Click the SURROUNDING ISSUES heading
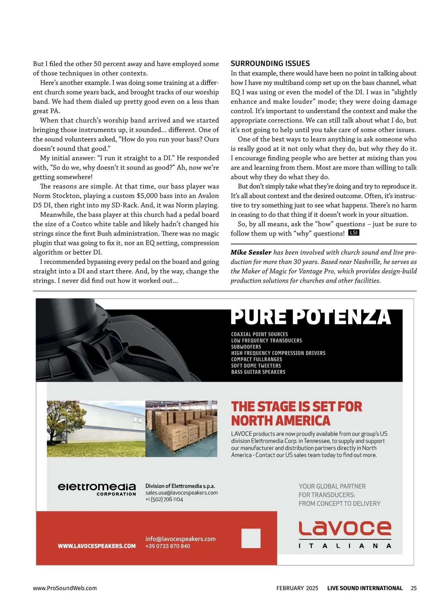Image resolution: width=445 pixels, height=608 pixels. click(270, 63)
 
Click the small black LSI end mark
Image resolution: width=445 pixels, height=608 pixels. click(354, 233)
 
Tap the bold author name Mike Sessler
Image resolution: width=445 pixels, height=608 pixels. click(251, 252)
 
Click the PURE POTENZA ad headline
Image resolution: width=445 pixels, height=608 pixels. click(311, 318)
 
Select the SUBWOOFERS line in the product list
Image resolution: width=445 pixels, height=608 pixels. click(246, 347)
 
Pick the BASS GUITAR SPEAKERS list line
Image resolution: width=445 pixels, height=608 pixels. click(258, 372)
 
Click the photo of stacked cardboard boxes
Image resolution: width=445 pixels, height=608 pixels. click(181, 429)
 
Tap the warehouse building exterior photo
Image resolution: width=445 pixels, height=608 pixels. click(96, 429)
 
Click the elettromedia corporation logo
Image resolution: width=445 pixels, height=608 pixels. click(97, 489)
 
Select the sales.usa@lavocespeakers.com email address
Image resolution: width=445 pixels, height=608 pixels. click(181, 493)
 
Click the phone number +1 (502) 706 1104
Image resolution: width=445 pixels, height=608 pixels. click(164, 499)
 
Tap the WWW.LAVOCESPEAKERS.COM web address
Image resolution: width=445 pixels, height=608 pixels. click(97, 546)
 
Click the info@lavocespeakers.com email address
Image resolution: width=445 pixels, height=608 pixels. click(180, 539)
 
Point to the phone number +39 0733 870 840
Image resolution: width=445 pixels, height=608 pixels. click(168, 546)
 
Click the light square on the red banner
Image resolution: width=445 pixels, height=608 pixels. click(251, 538)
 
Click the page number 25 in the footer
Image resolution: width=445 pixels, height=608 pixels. click(413, 588)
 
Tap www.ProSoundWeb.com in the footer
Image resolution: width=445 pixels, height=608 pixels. click(65, 588)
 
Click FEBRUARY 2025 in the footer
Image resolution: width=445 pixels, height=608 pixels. click(297, 588)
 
